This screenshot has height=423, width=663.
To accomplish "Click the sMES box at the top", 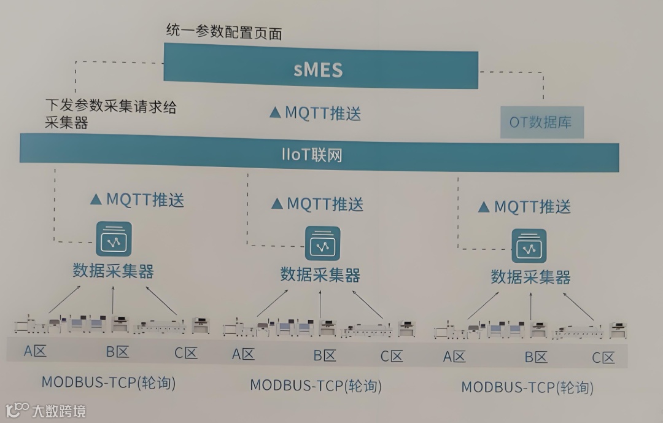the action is pos(319,69).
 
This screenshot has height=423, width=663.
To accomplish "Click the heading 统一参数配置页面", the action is pos(224,32).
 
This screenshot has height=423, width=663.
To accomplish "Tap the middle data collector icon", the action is pos(322,244).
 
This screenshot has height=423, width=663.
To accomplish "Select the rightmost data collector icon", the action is pos(530,246).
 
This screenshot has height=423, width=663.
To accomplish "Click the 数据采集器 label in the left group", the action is pos(113,271).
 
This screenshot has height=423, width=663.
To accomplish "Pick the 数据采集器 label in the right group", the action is pos(530,277).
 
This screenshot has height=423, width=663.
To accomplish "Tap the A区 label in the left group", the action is pos(36,352).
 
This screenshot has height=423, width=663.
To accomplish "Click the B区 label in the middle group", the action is pos(325,355).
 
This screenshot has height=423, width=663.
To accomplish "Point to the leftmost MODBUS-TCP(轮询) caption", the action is pos(109,382).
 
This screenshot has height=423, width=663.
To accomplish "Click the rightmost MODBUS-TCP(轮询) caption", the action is pos(527,387).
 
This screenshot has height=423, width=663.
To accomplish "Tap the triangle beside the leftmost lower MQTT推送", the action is pos(95,199).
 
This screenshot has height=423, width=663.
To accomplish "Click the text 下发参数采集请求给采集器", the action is pos(110,114).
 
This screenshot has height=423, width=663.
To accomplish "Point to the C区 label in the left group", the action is pos(185,352).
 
